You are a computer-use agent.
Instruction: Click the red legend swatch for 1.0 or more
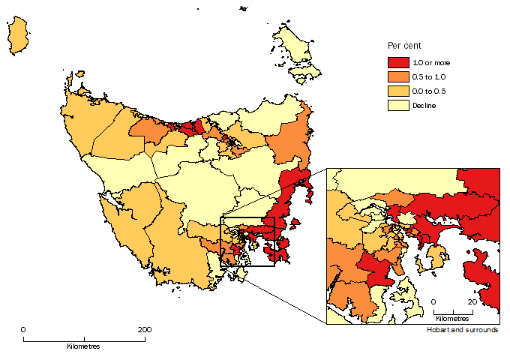[397, 63]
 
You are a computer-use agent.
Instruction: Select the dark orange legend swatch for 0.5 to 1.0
[397, 77]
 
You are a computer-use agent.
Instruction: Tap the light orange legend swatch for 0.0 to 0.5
[397, 91]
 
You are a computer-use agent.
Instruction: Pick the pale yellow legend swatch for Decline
[397, 106]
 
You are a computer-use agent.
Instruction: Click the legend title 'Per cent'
[402, 46]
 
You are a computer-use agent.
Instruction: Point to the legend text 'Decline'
[424, 106]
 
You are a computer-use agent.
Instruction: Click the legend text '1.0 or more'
[431, 63]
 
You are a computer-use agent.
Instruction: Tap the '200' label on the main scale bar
[145, 330]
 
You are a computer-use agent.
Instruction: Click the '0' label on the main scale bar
[23, 330]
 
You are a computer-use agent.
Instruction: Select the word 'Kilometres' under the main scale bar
[83, 346]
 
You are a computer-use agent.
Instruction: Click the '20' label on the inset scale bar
[472, 301]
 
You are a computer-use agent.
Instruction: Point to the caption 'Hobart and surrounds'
[462, 330]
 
